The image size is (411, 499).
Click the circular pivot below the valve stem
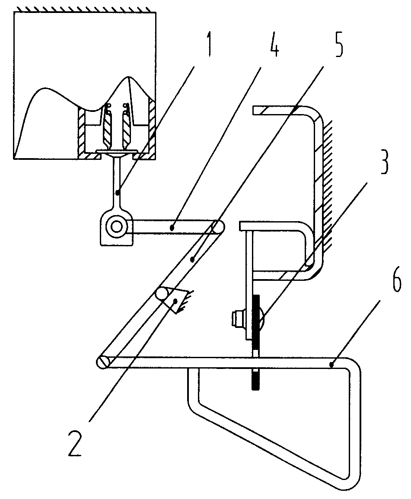117,226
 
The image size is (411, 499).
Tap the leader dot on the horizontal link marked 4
172,227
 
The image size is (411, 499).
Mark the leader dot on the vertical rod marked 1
118,193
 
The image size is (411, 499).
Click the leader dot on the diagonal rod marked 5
192,260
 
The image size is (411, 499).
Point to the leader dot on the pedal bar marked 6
332,365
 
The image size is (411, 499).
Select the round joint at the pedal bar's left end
102,363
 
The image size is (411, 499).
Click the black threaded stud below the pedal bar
255,379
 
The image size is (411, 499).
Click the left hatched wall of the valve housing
82,130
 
